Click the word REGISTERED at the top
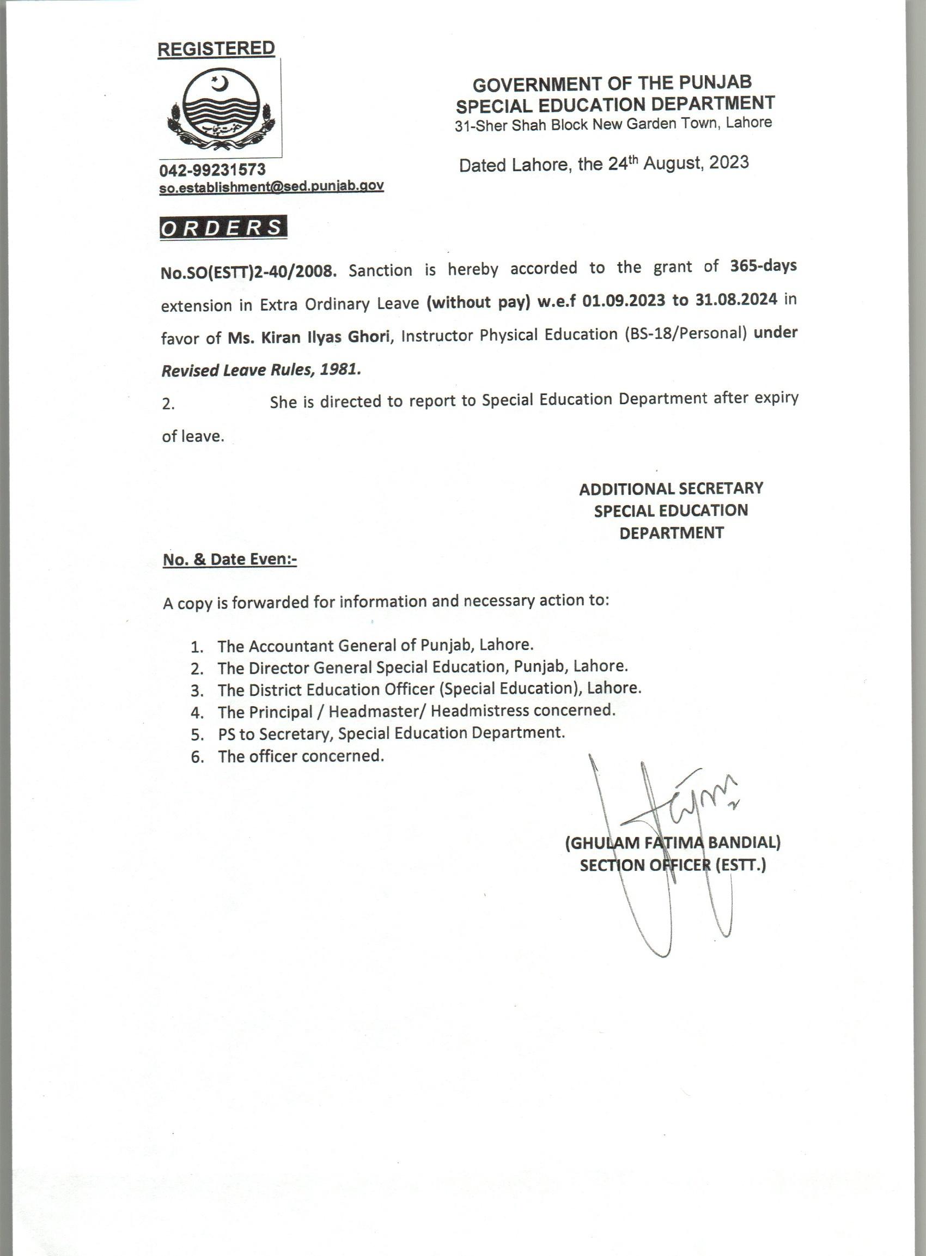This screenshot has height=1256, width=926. point(216,49)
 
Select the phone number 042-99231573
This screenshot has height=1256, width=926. point(212,169)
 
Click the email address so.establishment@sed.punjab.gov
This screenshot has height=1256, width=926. point(271,187)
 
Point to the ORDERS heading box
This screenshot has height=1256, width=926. point(223,228)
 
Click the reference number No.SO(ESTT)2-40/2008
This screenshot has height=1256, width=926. point(248,272)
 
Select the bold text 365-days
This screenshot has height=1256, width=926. point(763,266)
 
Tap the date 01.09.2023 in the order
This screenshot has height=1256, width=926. point(623,301)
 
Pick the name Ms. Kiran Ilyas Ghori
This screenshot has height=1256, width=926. point(308,337)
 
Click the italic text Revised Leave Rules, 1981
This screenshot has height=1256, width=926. point(261,370)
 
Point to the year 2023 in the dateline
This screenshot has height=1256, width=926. point(729,162)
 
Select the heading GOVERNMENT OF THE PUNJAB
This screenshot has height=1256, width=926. point(612,84)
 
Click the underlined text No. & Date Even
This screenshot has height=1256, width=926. point(229,560)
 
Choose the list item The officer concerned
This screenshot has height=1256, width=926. point(301,756)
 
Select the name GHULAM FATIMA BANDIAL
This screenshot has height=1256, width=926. point(673,843)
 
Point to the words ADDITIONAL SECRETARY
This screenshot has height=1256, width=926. point(671,488)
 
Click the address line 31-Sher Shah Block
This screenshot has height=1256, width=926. point(613,124)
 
